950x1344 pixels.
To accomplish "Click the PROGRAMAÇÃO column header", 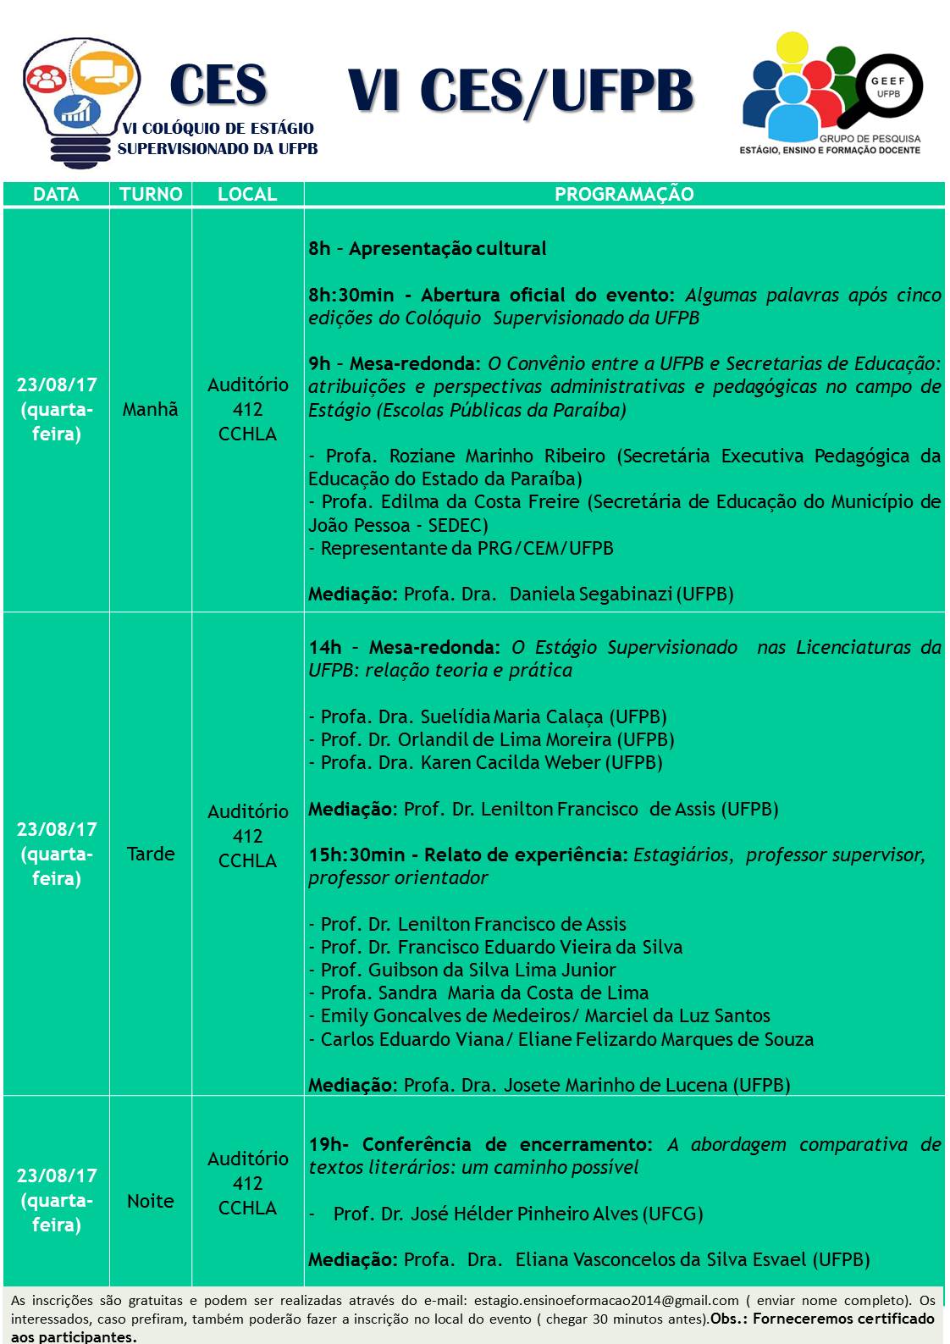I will (x=624, y=194).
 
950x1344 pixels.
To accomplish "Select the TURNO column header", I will (x=151, y=194).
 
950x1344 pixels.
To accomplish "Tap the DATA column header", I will (x=56, y=194).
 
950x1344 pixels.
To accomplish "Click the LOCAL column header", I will (x=247, y=194).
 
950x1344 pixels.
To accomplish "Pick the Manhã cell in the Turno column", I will (x=151, y=410).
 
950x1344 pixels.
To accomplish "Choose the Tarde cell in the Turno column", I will (x=151, y=854).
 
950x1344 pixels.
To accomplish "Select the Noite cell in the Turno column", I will (x=151, y=1201).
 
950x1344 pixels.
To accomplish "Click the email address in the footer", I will (x=606, y=1300).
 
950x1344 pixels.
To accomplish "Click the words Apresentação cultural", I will (x=447, y=249).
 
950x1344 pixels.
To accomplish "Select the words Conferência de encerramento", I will (x=506, y=1145).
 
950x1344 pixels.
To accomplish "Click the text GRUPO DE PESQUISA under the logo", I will (x=870, y=138).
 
